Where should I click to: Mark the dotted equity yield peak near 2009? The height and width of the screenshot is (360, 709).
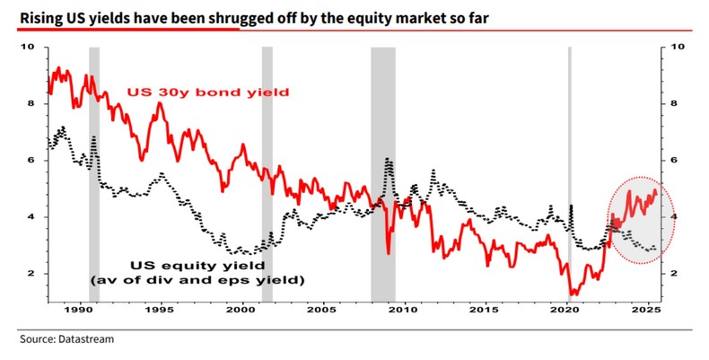click(388, 160)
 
